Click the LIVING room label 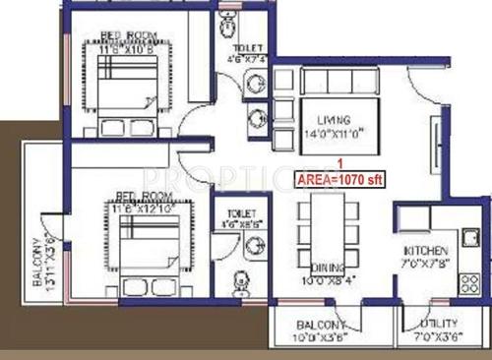323,120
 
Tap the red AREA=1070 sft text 338,179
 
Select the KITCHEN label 426,251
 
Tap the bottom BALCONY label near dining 322,325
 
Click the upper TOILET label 246,48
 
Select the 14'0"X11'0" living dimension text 323,134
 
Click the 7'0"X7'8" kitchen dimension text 426,265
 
